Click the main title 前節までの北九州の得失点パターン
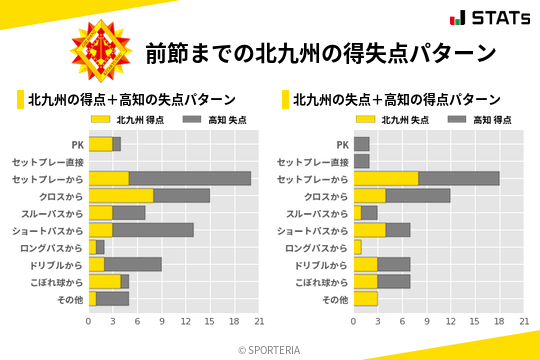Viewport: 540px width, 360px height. (x=320, y=52)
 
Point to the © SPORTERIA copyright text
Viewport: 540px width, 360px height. (x=270, y=349)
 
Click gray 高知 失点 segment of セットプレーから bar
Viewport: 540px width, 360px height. (x=190, y=178)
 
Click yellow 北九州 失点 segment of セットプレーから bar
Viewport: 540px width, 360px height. (x=386, y=178)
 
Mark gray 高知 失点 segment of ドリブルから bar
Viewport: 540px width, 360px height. (x=133, y=264)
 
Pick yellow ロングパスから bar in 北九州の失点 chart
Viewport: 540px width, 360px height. (x=358, y=247)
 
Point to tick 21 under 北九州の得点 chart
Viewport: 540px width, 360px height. (x=259, y=322)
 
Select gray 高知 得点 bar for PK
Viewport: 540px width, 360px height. (x=362, y=144)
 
